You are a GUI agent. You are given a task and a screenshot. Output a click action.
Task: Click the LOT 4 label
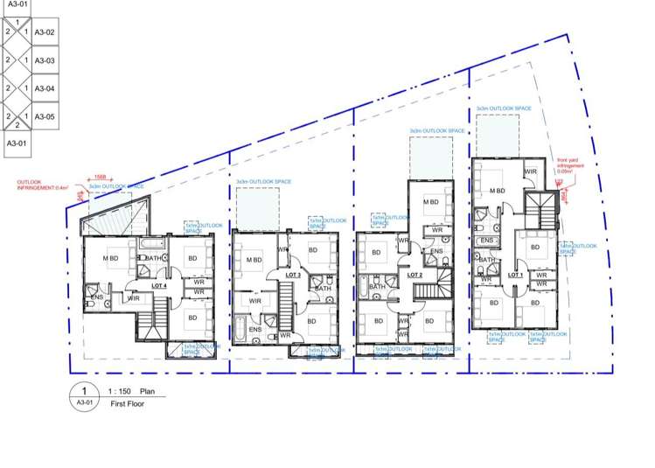coord(158,285)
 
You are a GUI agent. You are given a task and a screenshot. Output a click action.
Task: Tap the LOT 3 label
coord(293,275)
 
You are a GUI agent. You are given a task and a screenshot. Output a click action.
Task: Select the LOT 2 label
coord(415,275)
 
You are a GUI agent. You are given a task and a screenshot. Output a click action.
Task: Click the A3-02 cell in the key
coord(45,32)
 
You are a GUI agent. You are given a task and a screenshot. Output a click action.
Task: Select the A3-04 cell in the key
coord(45,88)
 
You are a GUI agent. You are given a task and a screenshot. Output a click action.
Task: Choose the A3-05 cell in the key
coord(45,116)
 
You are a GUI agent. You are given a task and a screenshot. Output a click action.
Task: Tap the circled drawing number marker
coord(84,396)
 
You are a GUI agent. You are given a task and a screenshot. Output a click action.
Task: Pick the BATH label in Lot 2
coord(377,287)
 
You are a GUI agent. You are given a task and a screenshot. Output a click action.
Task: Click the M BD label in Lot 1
coord(498,191)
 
